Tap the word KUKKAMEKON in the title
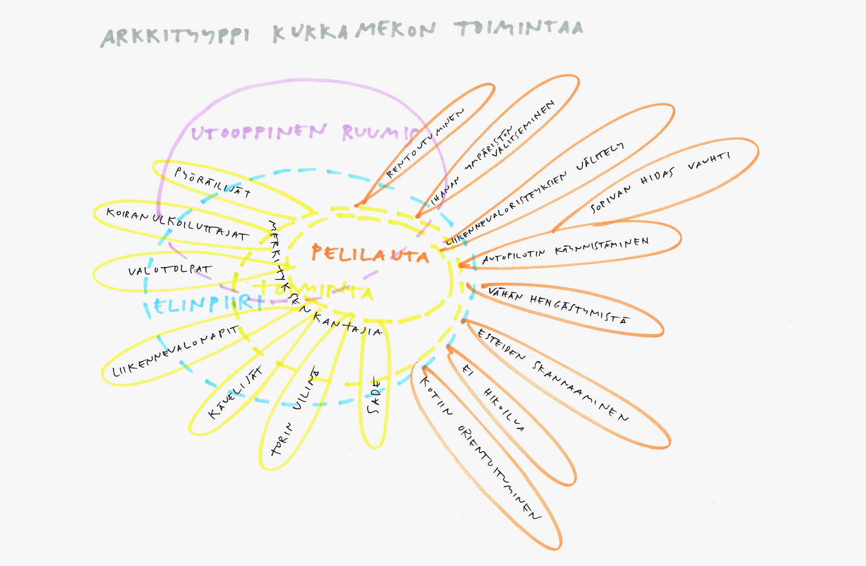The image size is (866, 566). pos(353,31)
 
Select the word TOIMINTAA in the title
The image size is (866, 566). pos(519,28)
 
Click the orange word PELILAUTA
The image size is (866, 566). pos(369,254)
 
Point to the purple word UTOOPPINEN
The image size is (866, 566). pos(258,132)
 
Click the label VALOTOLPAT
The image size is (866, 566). pos(170,270)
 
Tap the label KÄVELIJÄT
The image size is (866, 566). pos(235,393)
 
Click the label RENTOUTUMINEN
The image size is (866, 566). pos(425,143)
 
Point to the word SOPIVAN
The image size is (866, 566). pos(611,198)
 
